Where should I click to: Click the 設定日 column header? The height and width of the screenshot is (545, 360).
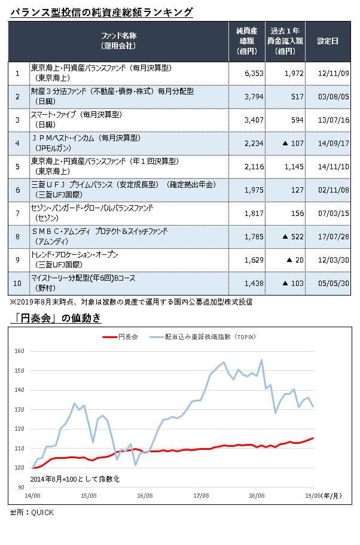click(x=327, y=41)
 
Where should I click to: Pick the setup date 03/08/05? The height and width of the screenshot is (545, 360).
click(x=328, y=96)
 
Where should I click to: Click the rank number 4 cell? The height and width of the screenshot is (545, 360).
click(x=18, y=143)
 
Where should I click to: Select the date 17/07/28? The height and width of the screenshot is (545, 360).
click(x=328, y=236)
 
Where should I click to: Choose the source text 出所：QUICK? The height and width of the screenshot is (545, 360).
click(x=32, y=512)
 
